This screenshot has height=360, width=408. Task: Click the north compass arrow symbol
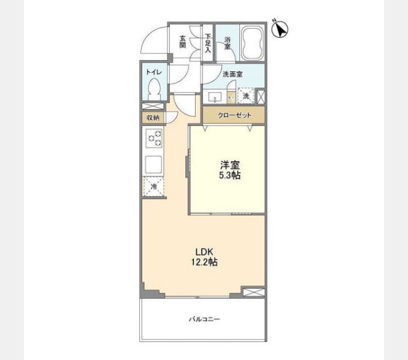(x=280, y=29)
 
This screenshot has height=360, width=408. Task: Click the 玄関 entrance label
(x=182, y=41)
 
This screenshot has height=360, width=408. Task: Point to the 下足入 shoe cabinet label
(x=208, y=43)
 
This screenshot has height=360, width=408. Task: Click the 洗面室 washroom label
(x=232, y=74)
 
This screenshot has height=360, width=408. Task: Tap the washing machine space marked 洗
(x=246, y=96)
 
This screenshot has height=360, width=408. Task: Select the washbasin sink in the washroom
(x=215, y=97)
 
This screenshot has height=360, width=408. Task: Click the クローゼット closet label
(x=235, y=115)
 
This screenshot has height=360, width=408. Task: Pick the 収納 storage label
(x=153, y=118)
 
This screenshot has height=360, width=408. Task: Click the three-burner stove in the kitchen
(x=154, y=139)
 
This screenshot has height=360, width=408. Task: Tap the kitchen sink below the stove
(x=154, y=164)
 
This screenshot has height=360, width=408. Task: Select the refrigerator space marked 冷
(x=154, y=186)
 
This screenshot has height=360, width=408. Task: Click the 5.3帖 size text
(x=229, y=175)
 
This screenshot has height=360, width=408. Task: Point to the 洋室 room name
(x=230, y=165)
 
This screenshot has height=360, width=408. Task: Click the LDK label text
(x=205, y=252)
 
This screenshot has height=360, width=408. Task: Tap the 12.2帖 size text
(x=205, y=262)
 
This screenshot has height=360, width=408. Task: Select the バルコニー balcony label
(x=205, y=319)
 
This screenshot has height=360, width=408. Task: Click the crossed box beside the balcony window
(x=254, y=292)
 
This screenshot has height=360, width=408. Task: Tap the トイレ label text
(x=154, y=72)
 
